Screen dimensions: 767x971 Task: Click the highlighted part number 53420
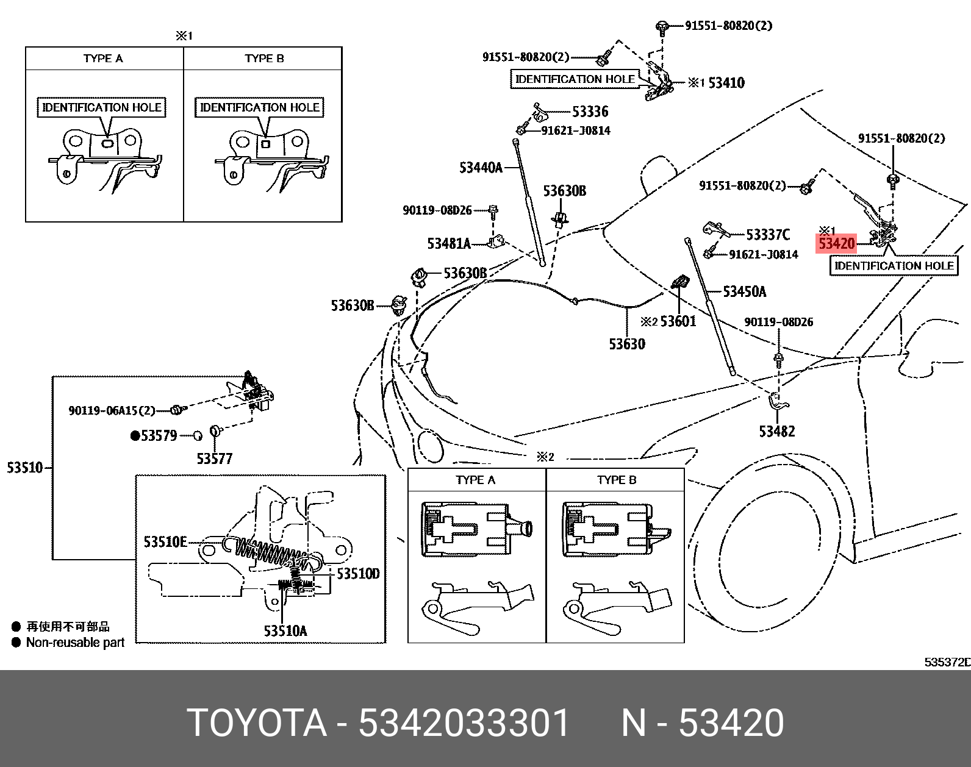(836, 244)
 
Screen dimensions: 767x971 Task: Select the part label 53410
(726, 83)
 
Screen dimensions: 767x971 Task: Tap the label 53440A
(481, 168)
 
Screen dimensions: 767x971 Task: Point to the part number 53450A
(744, 291)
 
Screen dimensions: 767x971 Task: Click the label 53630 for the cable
(626, 344)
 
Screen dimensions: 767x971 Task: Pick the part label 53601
(678, 321)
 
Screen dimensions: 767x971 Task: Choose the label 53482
(776, 432)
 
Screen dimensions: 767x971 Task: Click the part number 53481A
(449, 244)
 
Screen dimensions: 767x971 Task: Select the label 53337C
(768, 235)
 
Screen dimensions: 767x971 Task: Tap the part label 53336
(590, 112)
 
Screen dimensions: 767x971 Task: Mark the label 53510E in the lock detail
(165, 542)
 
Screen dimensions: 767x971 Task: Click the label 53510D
(358, 574)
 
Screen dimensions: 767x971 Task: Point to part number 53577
(214, 458)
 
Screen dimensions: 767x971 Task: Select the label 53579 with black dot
(158, 435)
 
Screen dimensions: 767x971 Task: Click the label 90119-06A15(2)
(112, 410)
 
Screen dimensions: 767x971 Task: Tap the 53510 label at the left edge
(24, 468)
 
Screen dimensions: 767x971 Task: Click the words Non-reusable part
(75, 643)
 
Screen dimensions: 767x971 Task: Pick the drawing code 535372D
(947, 662)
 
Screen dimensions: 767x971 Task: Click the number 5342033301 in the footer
(464, 723)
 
